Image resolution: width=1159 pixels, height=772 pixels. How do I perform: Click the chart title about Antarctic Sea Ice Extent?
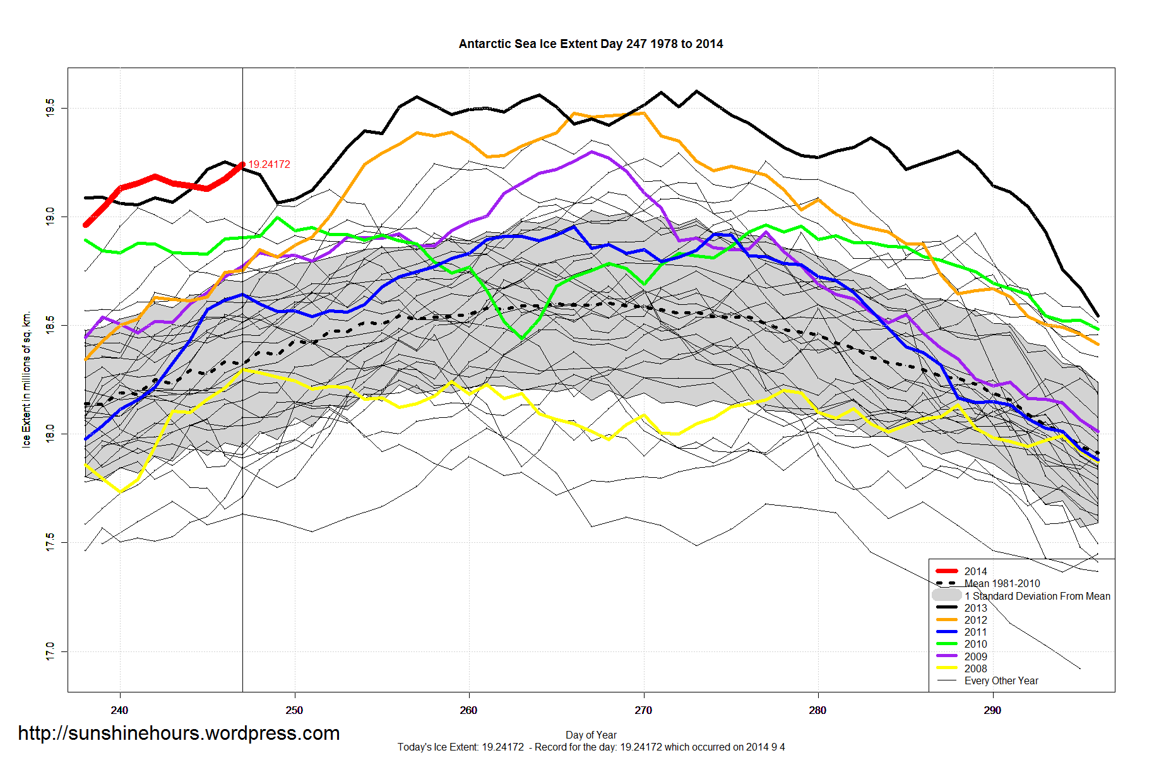click(x=590, y=44)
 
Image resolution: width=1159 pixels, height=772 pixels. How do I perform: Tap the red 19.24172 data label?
click(x=269, y=164)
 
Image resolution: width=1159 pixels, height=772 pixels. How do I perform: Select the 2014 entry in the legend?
click(x=975, y=571)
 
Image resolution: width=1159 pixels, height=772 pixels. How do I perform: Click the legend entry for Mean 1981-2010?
click(x=1002, y=583)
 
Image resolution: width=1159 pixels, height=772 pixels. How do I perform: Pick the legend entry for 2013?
click(x=975, y=608)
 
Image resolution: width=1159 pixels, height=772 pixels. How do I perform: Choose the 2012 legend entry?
click(x=975, y=620)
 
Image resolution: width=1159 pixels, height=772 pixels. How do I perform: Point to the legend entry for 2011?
click(x=975, y=632)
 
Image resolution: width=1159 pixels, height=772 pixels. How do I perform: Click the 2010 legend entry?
click(x=975, y=644)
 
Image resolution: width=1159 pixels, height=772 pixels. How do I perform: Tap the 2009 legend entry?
click(x=975, y=656)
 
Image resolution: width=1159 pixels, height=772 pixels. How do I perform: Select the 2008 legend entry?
click(x=975, y=668)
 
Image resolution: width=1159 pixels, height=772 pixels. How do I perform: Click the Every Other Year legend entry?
click(x=1001, y=680)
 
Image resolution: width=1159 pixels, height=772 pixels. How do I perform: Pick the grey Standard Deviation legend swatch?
click(x=946, y=595)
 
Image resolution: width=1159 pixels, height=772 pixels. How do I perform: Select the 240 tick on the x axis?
click(x=119, y=710)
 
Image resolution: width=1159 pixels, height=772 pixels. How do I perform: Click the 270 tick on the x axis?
click(x=643, y=710)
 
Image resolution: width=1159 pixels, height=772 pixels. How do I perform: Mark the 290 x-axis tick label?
click(x=992, y=710)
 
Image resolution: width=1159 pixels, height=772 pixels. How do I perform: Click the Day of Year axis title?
click(x=591, y=735)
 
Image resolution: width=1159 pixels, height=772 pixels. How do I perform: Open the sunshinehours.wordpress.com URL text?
click(x=179, y=733)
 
